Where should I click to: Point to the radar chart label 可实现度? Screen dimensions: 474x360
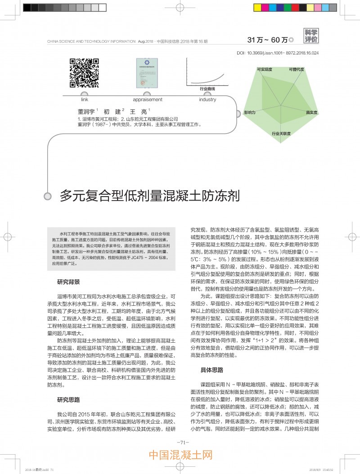coord(264,70)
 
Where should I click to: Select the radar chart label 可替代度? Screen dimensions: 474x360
coord(297,70)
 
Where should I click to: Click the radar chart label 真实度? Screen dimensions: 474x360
coord(311,112)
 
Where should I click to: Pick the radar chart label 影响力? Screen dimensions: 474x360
coord(250,112)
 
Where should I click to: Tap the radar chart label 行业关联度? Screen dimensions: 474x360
coord(281,134)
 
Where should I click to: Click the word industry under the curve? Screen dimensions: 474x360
coord(207,100)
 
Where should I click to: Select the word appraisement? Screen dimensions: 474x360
coord(147,100)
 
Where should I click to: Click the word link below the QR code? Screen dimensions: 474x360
coord(84,100)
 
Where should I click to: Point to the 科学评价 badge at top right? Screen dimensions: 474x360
coord(310,36)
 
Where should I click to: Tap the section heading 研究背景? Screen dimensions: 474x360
coord(68,282)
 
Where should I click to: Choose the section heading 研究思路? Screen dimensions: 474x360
coord(68,399)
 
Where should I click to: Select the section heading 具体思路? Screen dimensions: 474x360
coord(211,370)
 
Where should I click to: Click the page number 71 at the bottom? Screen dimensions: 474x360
coord(180,442)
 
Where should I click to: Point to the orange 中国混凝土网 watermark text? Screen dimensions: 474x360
coord(180,456)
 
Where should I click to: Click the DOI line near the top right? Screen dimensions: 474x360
coord(277,53)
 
